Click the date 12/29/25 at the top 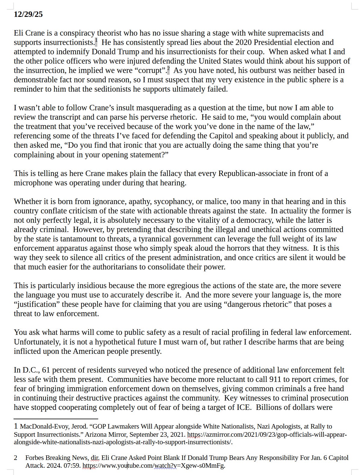click(x=28, y=14)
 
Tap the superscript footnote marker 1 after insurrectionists click(x=96, y=40)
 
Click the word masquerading click(x=166, y=108)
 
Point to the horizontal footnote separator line click(x=56, y=419)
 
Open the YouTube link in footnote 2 click(x=154, y=466)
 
